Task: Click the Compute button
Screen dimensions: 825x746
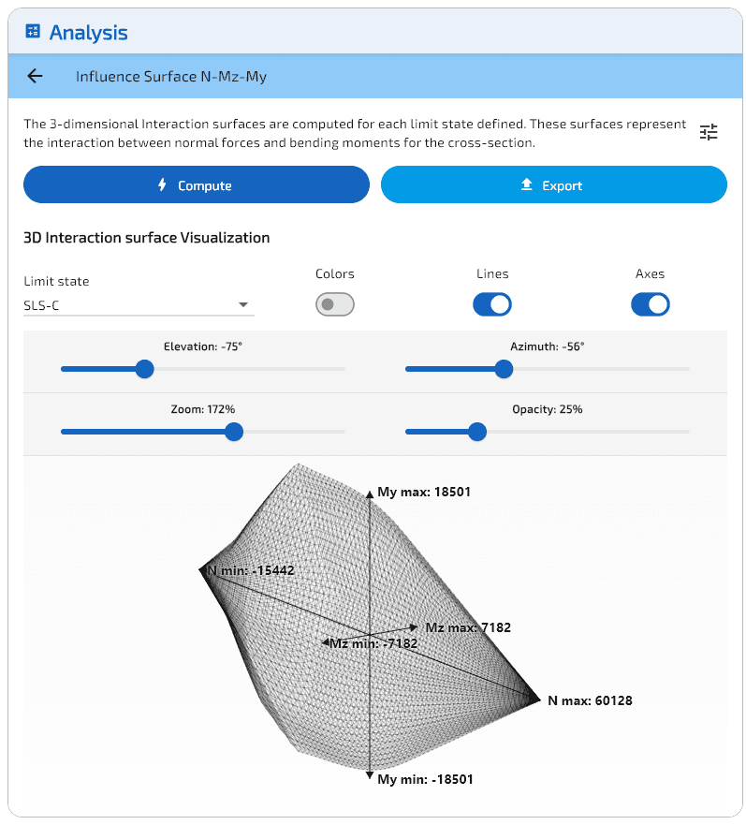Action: coord(197,185)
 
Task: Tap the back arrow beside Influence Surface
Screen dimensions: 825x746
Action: coord(36,77)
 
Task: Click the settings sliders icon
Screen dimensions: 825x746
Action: coord(709,132)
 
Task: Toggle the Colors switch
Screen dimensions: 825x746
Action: coord(335,304)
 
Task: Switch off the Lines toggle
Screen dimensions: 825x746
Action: coord(492,304)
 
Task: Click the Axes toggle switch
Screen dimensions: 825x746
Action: coord(651,304)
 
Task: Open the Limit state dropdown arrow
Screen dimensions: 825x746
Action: coord(243,305)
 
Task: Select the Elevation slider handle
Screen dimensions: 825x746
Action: coord(144,369)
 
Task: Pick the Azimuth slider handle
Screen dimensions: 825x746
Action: coord(504,369)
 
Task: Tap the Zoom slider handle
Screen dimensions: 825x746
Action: coord(234,432)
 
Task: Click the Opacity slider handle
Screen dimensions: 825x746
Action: coord(477,432)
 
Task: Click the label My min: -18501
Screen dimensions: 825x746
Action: coord(423,779)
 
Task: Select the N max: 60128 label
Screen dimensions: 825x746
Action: coord(590,700)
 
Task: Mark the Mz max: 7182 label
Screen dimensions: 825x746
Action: coord(468,627)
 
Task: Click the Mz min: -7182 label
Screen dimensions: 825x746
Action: coord(367,643)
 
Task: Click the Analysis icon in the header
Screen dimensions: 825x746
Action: coord(34,32)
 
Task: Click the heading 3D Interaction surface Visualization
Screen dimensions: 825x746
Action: coord(147,238)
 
